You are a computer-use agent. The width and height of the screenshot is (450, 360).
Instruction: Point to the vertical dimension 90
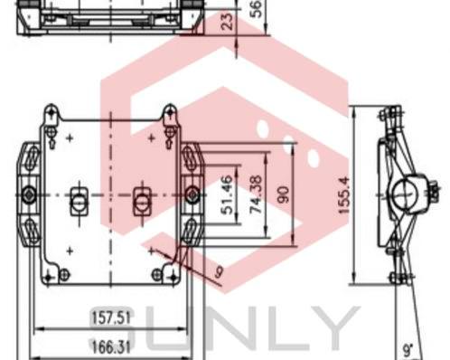pos(283,194)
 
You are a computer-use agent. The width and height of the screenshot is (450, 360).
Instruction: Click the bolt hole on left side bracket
pos(29,194)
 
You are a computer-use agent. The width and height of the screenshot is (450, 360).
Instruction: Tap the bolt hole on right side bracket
pos(192,194)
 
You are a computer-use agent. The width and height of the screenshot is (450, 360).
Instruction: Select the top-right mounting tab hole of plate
pos(169,114)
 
